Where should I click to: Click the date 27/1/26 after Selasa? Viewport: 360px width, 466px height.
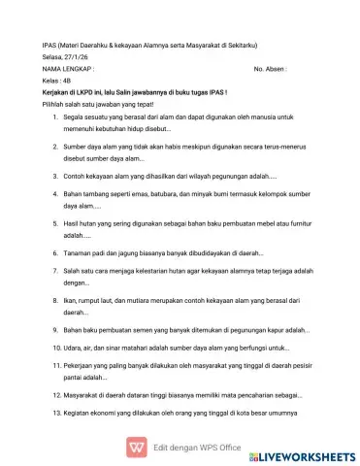pyautogui.click(x=72, y=58)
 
